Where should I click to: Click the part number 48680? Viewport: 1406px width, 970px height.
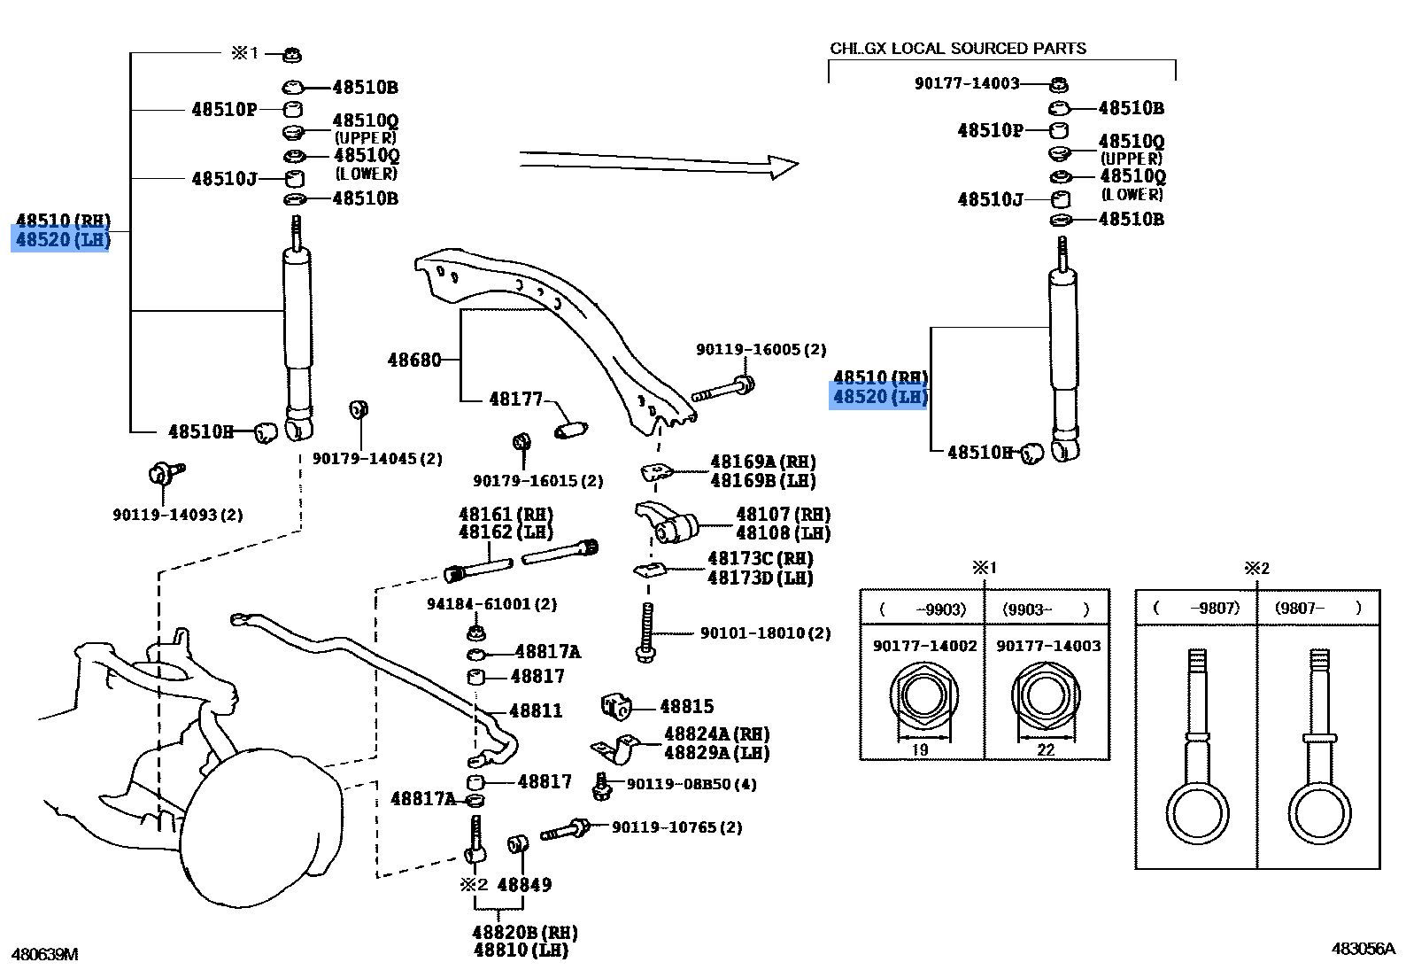[413, 360]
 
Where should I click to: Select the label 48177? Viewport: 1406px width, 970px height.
[515, 400]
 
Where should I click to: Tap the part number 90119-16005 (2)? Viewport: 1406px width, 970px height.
[761, 350]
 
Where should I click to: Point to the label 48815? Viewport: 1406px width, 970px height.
[686, 706]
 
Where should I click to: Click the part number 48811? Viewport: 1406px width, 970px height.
[536, 710]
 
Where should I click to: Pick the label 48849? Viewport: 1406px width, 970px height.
[524, 884]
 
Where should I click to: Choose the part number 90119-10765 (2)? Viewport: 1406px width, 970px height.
[676, 827]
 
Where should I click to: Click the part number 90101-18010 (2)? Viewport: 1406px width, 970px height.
[765, 632]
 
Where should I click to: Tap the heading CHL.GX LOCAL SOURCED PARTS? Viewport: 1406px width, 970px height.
[958, 49]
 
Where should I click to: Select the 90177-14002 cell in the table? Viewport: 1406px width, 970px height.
[924, 646]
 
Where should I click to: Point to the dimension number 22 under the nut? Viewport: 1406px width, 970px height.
[1046, 749]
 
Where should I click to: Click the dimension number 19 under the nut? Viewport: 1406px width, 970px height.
[920, 749]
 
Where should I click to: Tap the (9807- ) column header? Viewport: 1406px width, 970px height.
[1317, 608]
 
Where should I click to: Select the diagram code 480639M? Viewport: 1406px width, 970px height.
[44, 954]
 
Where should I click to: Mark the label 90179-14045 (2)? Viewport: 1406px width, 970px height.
[377, 459]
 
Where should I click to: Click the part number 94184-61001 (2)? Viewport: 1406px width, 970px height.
[491, 604]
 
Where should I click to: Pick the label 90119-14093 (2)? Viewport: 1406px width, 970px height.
[177, 515]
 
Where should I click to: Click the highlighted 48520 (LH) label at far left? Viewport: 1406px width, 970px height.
[61, 239]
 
